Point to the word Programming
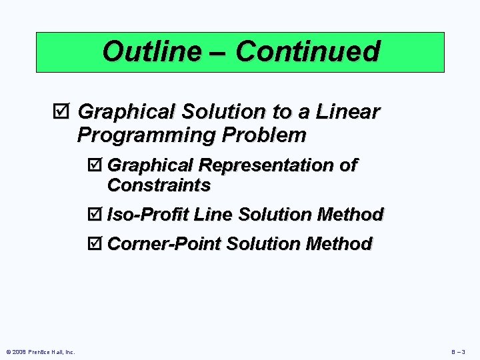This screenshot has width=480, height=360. coord(147,135)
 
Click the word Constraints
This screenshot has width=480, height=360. coord(159,184)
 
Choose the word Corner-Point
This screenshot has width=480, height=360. coord(164,244)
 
